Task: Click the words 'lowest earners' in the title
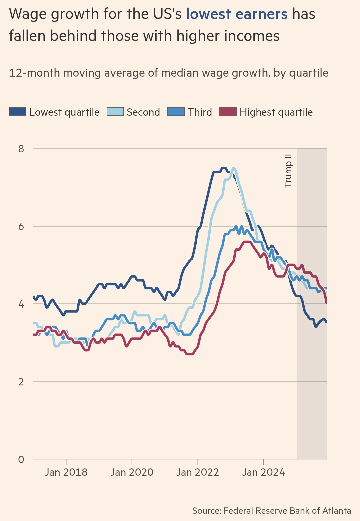pos(237,14)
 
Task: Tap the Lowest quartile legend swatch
pos(17,112)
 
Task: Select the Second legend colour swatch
pos(115,112)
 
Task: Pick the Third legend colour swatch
pos(176,112)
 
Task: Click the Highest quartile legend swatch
pos(228,112)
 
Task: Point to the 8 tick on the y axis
pos(21,149)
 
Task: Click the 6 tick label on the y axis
pos(21,227)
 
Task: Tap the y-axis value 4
pos(21,304)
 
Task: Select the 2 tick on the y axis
pos(21,382)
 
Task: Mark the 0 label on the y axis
pos(21,460)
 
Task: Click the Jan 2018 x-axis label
pos(66,472)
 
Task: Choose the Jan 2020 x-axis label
pos(132,472)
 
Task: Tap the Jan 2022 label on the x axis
pos(198,472)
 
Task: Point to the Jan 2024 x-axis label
pos(264,472)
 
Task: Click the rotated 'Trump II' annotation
pos(288,171)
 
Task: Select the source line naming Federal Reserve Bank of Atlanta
pos(271,511)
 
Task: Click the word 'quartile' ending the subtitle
pos(309,73)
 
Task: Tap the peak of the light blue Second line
pos(234,168)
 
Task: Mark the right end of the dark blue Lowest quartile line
pos(326,322)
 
